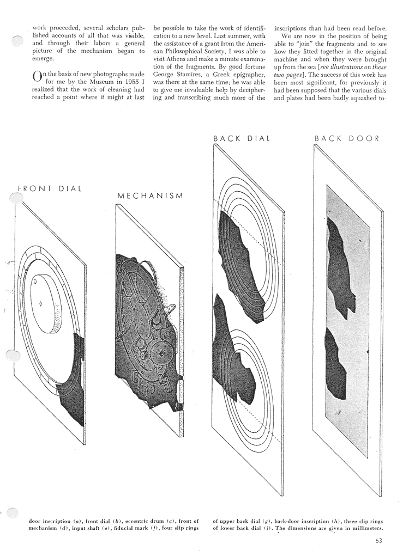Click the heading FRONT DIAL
tap(50, 188)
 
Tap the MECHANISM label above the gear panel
tap(150, 195)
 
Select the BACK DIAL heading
tap(242, 139)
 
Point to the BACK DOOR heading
tap(347, 139)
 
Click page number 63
tap(378, 541)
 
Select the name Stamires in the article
tap(190, 75)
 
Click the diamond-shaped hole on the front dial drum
tap(40, 303)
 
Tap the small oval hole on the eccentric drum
tap(35, 283)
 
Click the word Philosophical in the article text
tap(184, 51)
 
